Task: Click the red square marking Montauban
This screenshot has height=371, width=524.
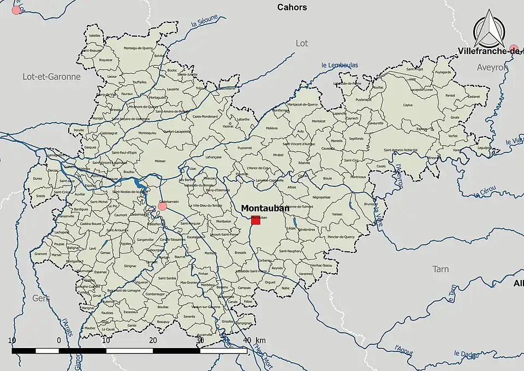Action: pos(255,220)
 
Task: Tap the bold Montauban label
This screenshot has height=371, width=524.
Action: pos(265,208)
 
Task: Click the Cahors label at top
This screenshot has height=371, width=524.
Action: pos(292,7)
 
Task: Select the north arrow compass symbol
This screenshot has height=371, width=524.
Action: pos(490,30)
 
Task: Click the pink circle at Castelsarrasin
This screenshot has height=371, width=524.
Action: pos(162,206)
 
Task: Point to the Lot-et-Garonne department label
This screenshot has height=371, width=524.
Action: pos(51,76)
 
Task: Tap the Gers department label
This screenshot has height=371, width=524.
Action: pos(41,298)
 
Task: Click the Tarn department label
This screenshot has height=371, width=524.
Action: pos(440,269)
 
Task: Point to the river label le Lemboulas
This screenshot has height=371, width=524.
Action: pos(340,65)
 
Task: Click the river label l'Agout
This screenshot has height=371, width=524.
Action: pos(403,348)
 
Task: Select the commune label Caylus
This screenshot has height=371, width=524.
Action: pos(408,105)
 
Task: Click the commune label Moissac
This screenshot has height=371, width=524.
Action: pos(160,162)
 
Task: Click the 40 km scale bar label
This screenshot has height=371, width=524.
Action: pos(254,341)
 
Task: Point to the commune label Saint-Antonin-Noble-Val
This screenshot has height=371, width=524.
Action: pos(401,150)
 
